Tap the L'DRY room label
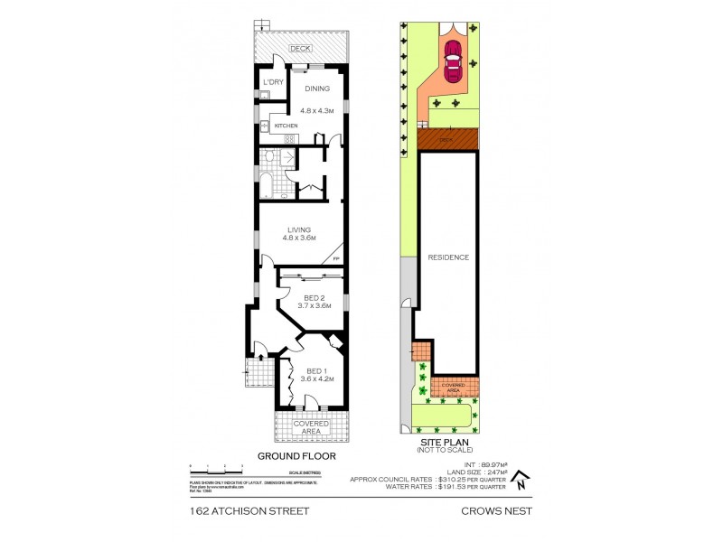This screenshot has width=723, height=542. pos(273,84)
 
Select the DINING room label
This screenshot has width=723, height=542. pos(317,89)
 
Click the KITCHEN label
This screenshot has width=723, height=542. pos(286,126)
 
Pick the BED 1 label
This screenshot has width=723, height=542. pos(315,370)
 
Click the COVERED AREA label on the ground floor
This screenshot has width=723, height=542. pos(312,427)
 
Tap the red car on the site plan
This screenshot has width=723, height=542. pos(452,62)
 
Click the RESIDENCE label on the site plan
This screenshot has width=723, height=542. pos(448,257)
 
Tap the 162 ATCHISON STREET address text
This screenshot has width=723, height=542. pos(249,510)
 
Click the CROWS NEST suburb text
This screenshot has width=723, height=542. pos(497,510)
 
